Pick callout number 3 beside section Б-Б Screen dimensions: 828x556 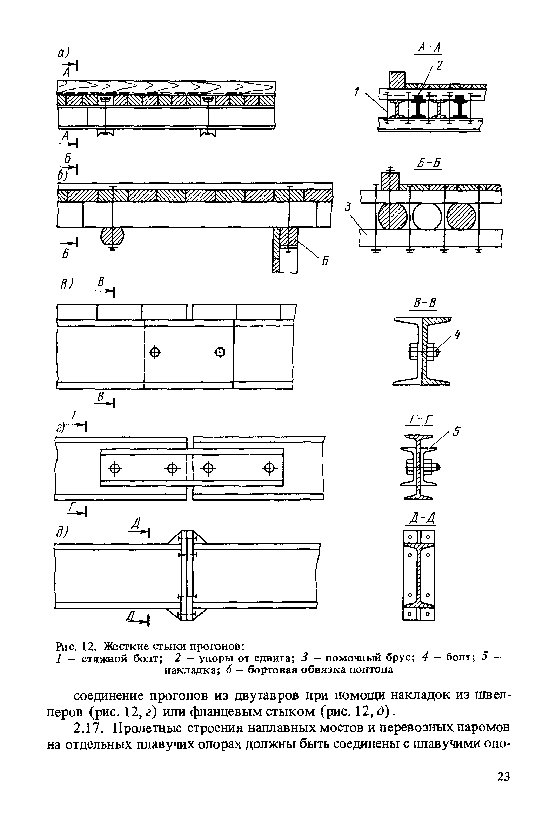349,207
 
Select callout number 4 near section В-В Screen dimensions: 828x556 457,334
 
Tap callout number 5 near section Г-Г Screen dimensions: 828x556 457,432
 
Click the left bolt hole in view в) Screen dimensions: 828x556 155,352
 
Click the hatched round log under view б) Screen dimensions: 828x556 112,236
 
